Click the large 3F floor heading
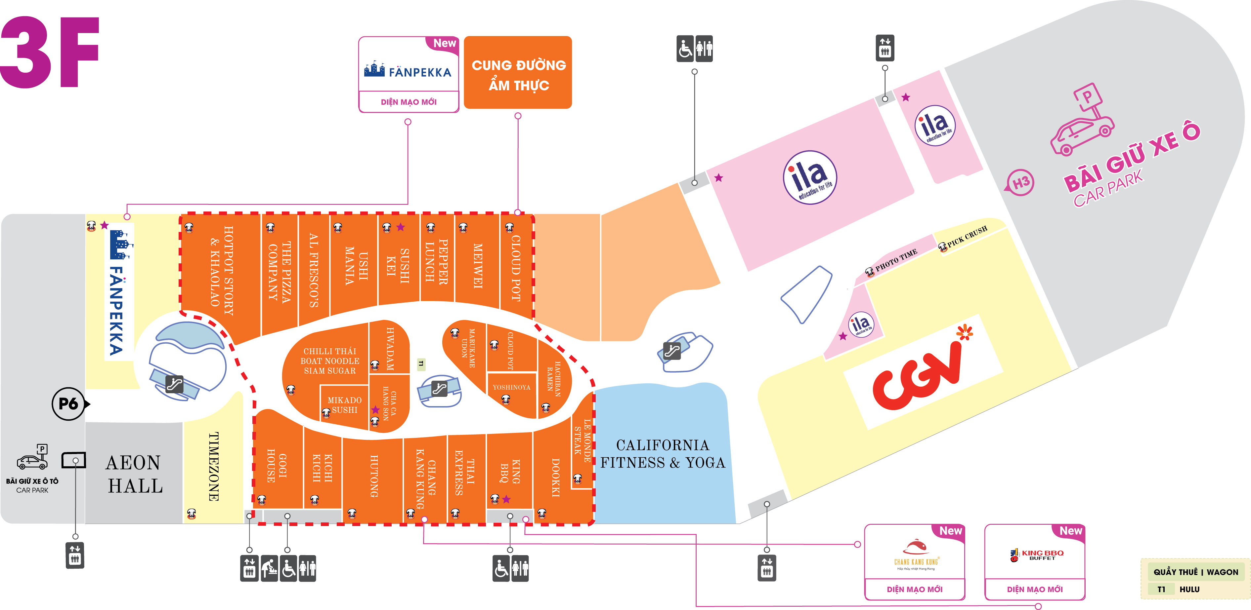click(50, 53)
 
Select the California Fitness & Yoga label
click(663, 454)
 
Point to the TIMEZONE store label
click(213, 466)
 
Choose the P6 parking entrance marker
click(69, 403)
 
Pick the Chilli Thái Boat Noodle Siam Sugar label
click(330, 361)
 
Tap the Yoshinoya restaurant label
click(511, 387)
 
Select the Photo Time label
click(896, 260)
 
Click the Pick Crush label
click(967, 236)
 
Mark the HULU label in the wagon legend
click(1189, 590)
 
